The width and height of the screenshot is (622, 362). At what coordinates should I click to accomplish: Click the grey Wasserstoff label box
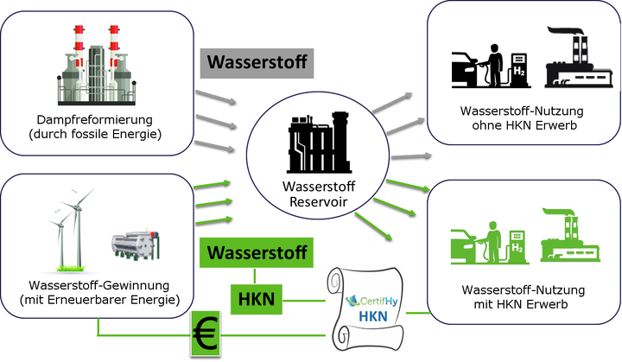coord(256,63)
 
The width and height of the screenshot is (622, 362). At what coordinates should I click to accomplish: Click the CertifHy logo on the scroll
coord(372,302)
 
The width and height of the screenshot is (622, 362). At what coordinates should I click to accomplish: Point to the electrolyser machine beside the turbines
coord(136,248)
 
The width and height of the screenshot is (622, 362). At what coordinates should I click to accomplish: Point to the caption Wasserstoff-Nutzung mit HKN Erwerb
coord(523,295)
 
